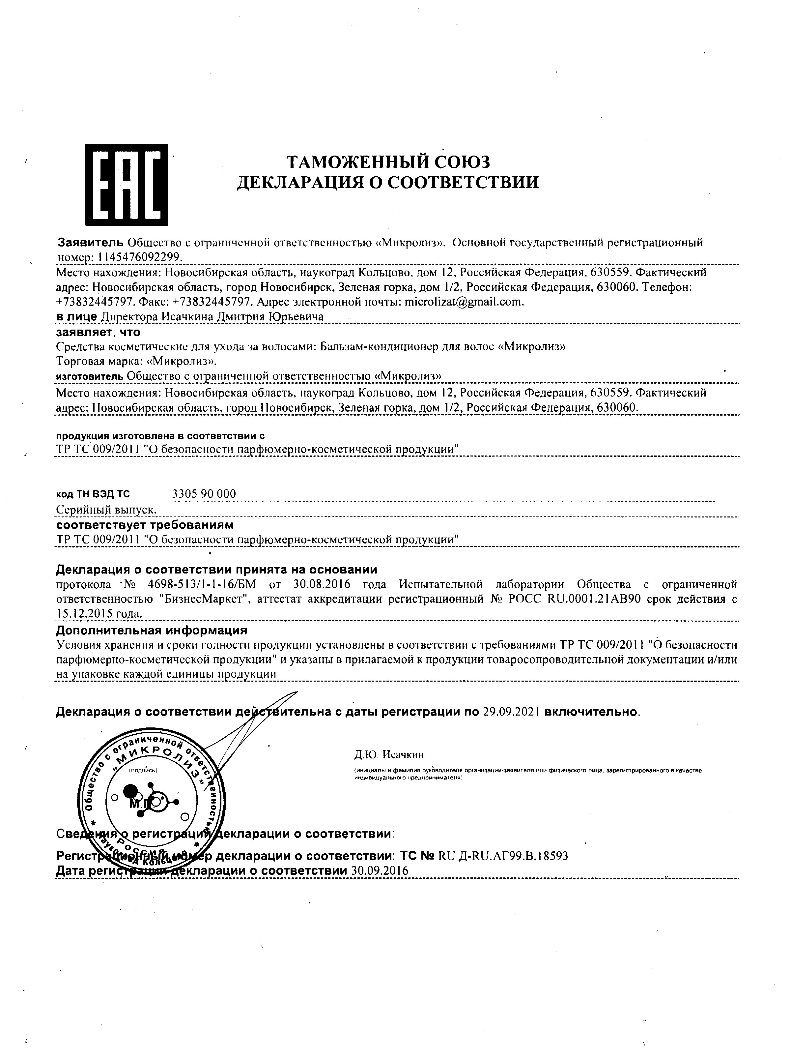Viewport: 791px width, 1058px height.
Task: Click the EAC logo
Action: pos(126,184)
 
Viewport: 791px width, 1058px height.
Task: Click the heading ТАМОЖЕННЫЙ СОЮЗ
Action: pos(388,162)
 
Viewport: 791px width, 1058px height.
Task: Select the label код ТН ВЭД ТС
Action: pos(93,494)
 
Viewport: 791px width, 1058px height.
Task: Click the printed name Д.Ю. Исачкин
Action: pos(388,755)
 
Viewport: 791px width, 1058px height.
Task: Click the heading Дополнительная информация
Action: pos(152,630)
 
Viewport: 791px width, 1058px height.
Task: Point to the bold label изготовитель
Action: pos(90,376)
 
